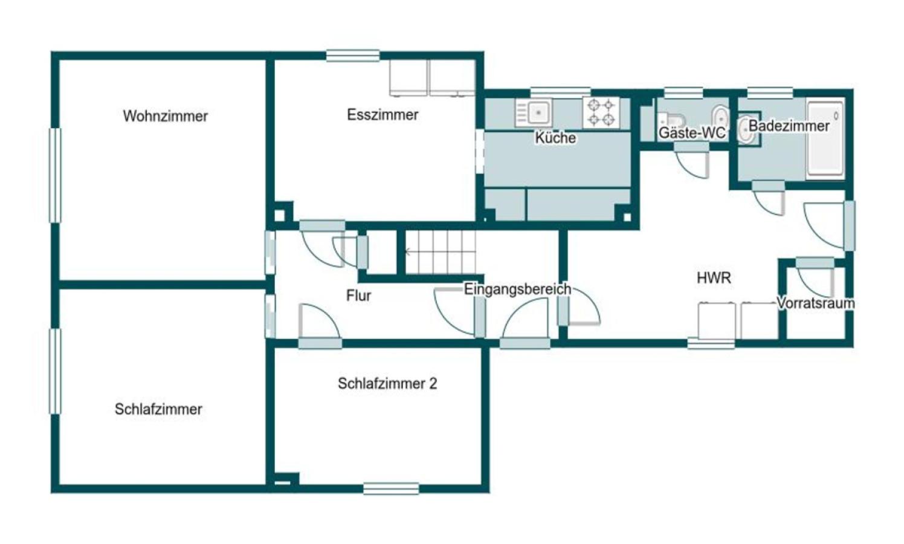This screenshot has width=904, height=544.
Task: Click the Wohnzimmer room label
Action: [166, 116]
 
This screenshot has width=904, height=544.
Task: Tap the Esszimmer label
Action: [383, 115]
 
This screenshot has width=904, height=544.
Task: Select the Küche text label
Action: [555, 138]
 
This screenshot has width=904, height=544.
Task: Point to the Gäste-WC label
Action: [692, 132]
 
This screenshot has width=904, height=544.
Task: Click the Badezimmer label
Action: [789, 126]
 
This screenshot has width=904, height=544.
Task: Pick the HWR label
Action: [714, 277]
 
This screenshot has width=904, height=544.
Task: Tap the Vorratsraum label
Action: [816, 303]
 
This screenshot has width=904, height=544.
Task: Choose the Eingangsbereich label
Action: [517, 289]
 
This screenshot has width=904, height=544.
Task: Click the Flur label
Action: [358, 296]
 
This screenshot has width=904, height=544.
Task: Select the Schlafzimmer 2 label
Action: [387, 383]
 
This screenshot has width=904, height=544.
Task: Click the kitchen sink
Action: [534, 112]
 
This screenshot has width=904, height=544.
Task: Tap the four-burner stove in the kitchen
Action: [601, 112]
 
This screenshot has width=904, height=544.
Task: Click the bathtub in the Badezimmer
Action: [825, 138]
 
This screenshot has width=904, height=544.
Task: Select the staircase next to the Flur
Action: [441, 252]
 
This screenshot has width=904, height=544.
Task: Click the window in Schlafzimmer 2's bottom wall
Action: [390, 489]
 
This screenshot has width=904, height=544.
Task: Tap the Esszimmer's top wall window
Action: [353, 56]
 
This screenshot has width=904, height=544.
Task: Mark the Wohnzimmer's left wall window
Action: [55, 175]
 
